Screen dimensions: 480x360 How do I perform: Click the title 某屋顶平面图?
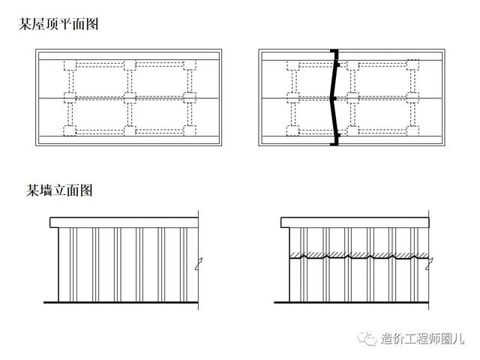pyautogui.click(x=58, y=24)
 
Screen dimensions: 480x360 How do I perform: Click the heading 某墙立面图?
pyautogui.click(x=59, y=190)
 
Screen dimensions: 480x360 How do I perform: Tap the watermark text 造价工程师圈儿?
pyautogui.click(x=423, y=338)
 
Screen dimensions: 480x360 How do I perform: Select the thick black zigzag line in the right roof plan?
pyautogui.click(x=335, y=97)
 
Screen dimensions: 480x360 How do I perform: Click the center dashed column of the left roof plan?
pyautogui.click(x=130, y=98)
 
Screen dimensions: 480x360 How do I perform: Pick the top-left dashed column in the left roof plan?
pyautogui.click(x=70, y=65)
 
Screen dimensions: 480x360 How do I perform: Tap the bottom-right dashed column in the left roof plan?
pyautogui.click(x=190, y=130)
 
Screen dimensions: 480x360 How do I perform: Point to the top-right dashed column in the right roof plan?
pyautogui.click(x=412, y=65)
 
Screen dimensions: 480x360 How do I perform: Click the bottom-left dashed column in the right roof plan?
pyautogui.click(x=293, y=130)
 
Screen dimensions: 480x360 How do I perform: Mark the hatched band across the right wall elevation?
pyautogui.click(x=359, y=255)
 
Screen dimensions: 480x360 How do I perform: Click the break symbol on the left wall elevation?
pyautogui.click(x=199, y=263)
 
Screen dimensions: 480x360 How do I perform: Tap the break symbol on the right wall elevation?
pyautogui.click(x=429, y=264)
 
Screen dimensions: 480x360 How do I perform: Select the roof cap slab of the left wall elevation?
pyautogui.click(x=124, y=223)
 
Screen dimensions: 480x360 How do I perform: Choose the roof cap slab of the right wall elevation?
pyautogui.click(x=355, y=223)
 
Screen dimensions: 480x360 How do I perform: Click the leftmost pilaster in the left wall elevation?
pyautogui.click(x=73, y=265)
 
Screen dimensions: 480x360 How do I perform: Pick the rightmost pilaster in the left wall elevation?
pyautogui.click(x=184, y=265)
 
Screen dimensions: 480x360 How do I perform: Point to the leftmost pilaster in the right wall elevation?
pyautogui.click(x=304, y=265)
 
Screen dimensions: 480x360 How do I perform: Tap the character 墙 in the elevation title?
pyautogui.click(x=46, y=190)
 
